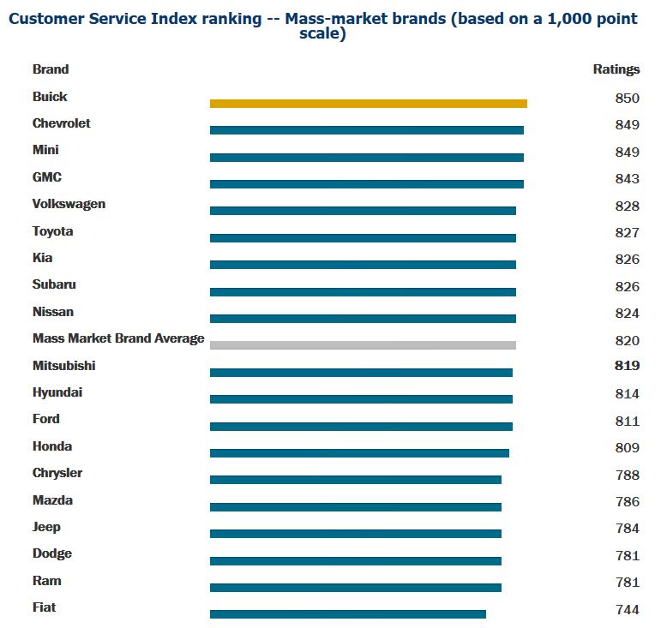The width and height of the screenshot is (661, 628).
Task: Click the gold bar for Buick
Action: click(x=368, y=104)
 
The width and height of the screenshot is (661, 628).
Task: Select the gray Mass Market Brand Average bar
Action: click(x=363, y=345)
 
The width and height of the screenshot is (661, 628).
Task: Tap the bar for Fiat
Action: click(x=347, y=614)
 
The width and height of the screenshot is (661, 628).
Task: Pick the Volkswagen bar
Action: click(x=363, y=211)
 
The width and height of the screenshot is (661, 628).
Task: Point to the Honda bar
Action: click(x=359, y=453)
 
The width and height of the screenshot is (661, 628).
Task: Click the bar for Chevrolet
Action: click(x=366, y=130)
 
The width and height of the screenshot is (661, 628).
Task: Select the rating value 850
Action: click(x=627, y=98)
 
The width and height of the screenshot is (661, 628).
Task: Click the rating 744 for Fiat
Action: click(x=627, y=609)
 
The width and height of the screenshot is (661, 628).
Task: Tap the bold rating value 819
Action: click(x=627, y=367)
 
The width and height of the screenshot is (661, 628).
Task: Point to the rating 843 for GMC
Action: click(x=627, y=178)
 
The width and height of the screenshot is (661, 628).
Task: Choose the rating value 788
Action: click(x=627, y=475)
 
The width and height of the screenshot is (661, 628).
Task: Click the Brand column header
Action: click(x=51, y=69)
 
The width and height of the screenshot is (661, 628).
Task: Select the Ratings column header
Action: click(x=616, y=69)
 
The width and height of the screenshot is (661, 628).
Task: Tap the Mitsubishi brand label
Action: click(x=63, y=366)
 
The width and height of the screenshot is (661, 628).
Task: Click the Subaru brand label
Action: click(x=54, y=284)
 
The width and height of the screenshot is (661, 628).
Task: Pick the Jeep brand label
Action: click(x=46, y=527)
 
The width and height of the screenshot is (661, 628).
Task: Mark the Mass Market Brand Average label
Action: click(x=118, y=338)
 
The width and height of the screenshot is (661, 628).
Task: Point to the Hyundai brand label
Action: click(x=57, y=392)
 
